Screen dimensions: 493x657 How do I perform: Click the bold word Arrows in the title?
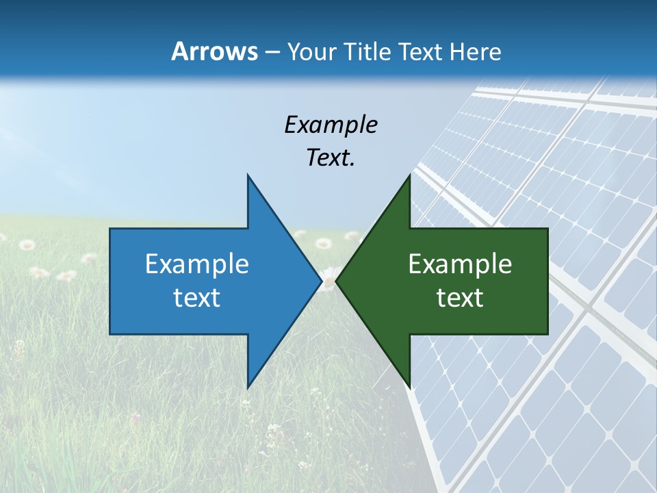coord(214,51)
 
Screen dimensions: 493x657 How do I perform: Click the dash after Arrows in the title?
coord(272,53)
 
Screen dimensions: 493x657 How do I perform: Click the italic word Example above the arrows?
coord(331,125)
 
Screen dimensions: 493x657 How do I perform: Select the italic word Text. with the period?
coord(331,158)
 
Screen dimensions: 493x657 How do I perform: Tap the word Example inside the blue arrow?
coord(197,264)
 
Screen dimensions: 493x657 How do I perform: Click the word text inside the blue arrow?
coord(197,298)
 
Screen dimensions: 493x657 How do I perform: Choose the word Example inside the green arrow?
coord(460,264)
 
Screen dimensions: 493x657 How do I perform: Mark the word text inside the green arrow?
coord(460,298)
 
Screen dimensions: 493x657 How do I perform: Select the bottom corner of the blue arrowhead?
coord(248,388)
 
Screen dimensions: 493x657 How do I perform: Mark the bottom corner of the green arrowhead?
coord(409,388)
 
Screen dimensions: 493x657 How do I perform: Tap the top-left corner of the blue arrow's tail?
coord(110,229)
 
